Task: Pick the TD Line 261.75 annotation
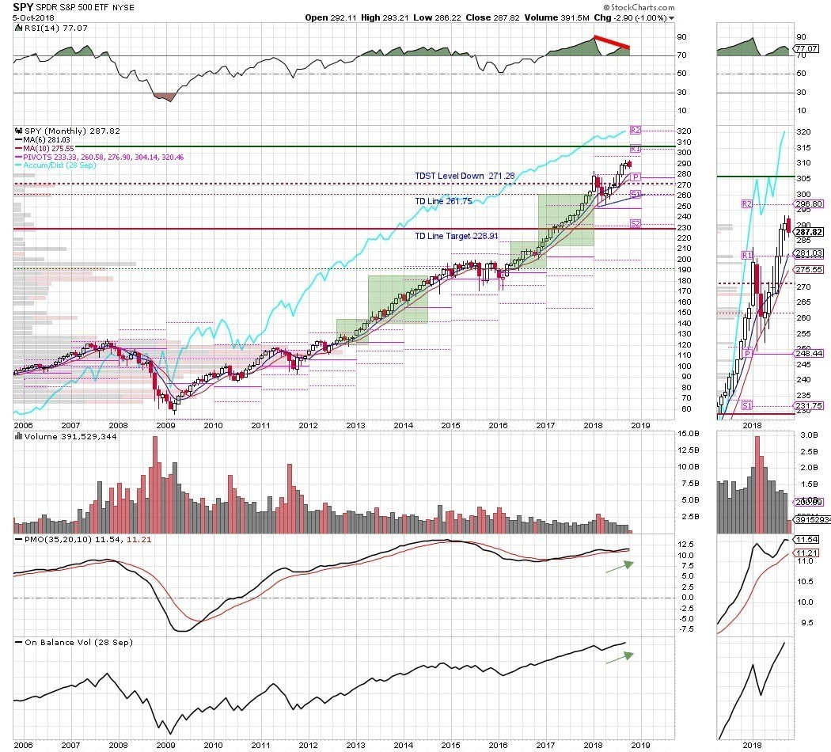coord(443,201)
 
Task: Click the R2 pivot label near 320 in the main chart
coord(634,129)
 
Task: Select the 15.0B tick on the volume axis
coord(666,434)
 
